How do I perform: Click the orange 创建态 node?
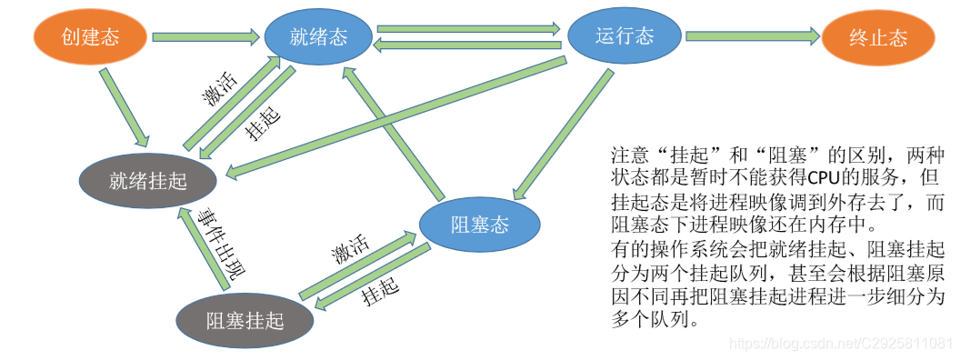90,37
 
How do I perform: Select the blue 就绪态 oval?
318,37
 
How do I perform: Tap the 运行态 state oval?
625,37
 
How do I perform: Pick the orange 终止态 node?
877,38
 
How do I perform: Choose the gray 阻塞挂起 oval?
245,320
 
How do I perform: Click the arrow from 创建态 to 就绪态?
205,38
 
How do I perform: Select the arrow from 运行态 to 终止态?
752,37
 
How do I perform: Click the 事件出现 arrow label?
225,245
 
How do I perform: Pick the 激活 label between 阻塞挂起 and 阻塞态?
349,249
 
